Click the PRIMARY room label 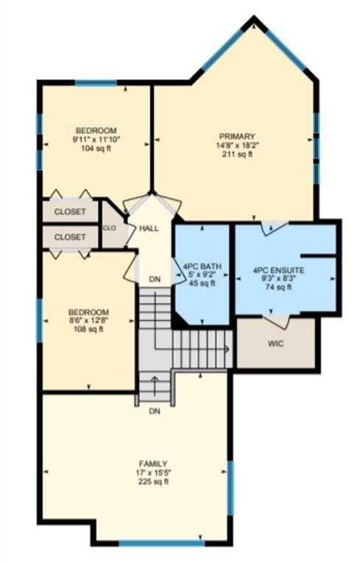point(236,136)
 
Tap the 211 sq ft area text point(236,155)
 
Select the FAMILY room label point(152,463)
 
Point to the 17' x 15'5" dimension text point(152,472)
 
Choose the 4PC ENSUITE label point(278,270)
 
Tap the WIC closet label point(275,343)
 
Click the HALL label point(149,229)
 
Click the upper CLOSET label point(70,212)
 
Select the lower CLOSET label point(70,237)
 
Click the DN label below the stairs point(155,411)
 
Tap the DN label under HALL point(154,279)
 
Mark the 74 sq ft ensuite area point(278,288)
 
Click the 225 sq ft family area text point(152,482)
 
